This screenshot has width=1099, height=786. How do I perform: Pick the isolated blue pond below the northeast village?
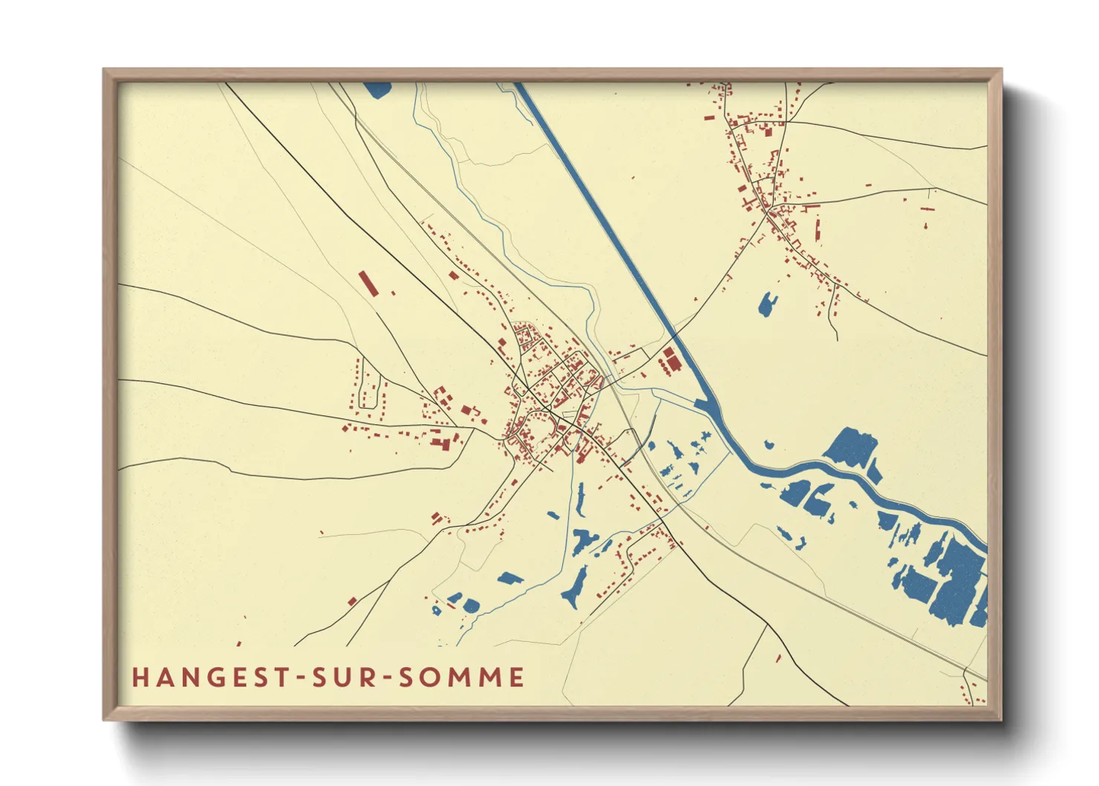click(x=767, y=304)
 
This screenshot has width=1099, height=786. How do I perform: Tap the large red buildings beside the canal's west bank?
click(x=671, y=361)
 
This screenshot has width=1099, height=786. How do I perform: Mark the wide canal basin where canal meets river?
click(x=706, y=406)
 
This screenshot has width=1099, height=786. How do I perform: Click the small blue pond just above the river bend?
click(x=769, y=445)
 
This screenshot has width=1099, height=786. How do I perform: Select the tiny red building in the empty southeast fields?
click(x=778, y=658)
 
